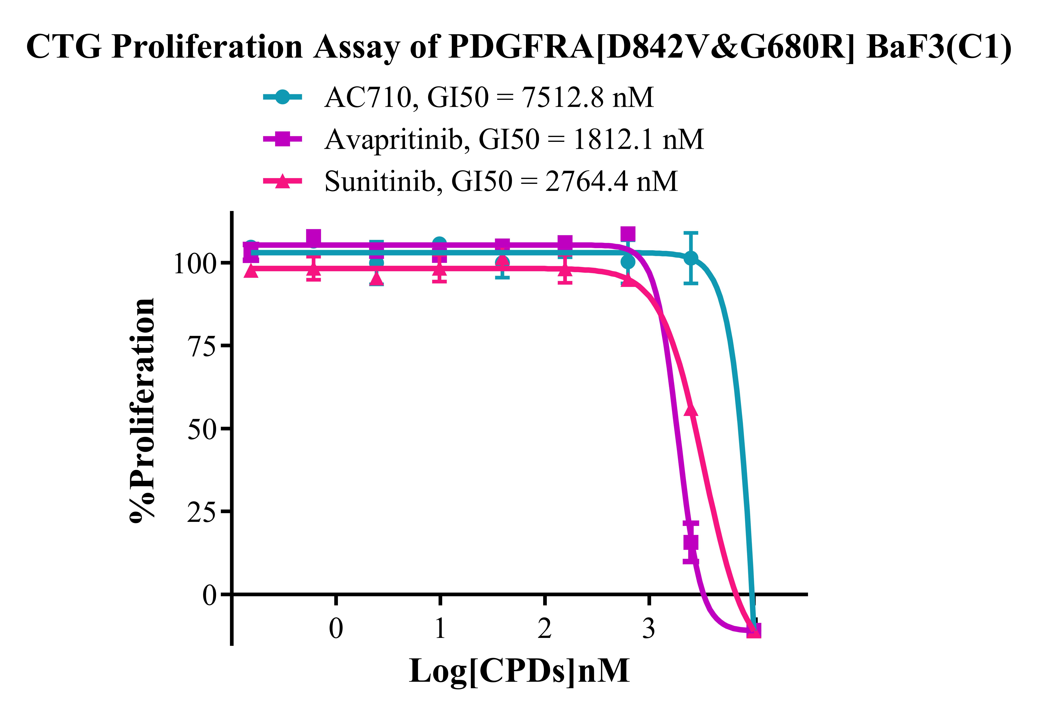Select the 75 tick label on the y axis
202,346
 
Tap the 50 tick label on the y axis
202,429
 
